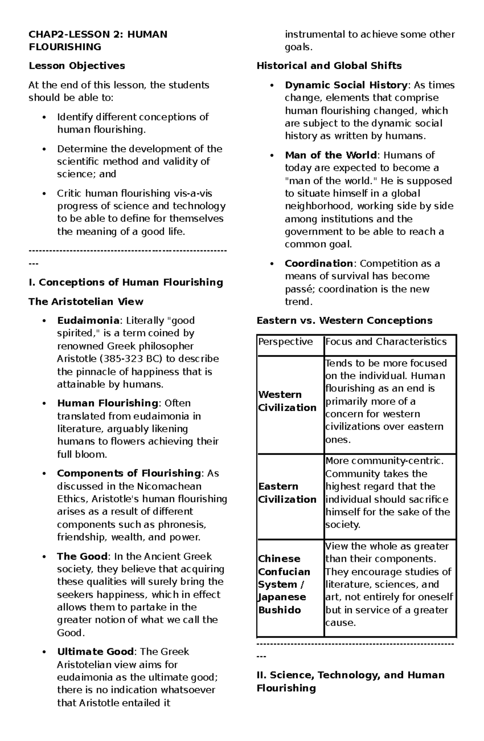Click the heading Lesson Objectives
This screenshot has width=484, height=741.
77,66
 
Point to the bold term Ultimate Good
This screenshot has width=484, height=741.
95,652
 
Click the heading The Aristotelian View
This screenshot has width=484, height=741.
86,302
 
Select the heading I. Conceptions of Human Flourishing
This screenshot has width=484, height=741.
126,282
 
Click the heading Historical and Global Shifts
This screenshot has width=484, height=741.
329,66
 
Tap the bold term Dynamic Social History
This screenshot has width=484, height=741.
346,85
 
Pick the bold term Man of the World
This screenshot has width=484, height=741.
331,155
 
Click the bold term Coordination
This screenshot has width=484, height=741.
319,264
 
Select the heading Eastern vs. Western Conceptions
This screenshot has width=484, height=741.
344,321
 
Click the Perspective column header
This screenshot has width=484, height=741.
286,342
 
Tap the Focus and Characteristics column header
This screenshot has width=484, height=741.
386,342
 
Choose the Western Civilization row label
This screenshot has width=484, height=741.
287,401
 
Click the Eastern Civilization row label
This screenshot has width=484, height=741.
287,493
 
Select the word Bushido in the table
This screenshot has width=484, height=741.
279,610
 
